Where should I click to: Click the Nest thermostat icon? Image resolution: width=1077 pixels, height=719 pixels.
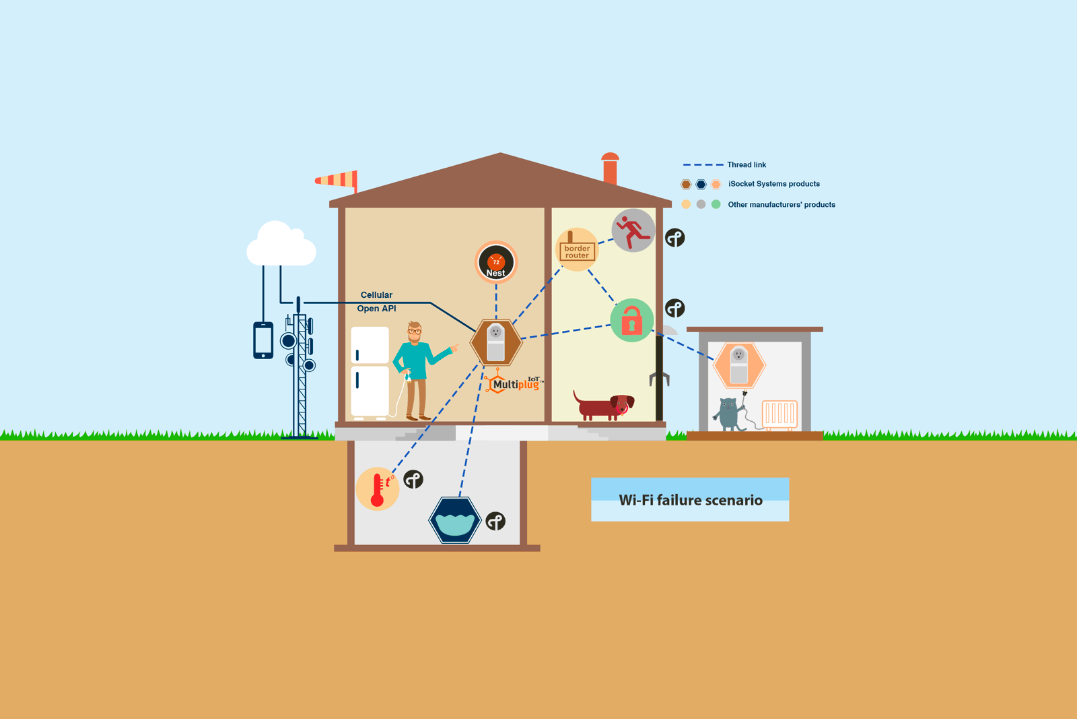tap(495, 262)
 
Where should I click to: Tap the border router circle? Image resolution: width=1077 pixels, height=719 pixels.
tap(577, 249)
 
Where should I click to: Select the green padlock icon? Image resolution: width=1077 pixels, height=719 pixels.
tap(632, 320)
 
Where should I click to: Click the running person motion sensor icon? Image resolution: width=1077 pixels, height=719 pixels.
tap(633, 230)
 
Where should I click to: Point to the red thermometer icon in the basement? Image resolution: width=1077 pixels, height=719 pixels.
tap(378, 489)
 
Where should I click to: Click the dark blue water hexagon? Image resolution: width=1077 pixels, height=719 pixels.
tap(455, 520)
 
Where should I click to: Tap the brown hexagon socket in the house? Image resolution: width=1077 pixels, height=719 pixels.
tap(495, 343)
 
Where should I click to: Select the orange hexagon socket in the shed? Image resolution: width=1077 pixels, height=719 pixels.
tap(739, 365)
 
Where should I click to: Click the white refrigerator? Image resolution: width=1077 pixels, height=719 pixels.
tap(370, 372)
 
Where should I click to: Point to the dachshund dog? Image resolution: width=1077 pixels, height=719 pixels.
tap(604, 406)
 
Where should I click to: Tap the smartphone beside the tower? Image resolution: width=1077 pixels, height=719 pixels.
tap(263, 340)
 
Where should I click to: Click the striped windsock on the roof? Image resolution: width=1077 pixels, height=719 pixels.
tap(337, 181)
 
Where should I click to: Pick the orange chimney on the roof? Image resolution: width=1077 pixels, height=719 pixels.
tap(610, 168)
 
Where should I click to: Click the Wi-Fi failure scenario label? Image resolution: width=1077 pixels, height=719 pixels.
tap(691, 500)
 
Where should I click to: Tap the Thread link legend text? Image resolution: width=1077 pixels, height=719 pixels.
tap(746, 164)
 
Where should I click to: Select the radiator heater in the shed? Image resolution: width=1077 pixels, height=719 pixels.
tap(780, 414)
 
